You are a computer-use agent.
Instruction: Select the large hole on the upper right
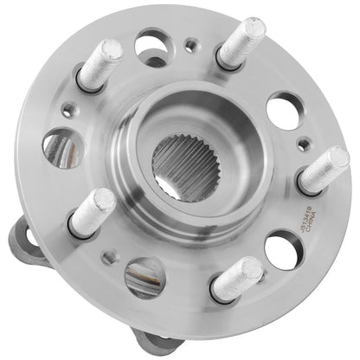click(x=283, y=111)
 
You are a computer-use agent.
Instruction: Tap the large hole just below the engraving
click(x=283, y=250)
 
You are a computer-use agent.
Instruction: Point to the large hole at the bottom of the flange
click(x=145, y=277)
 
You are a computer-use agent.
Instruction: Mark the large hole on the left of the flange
click(x=62, y=149)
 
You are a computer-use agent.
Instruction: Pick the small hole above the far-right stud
click(x=301, y=144)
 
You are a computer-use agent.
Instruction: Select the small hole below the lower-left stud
click(x=109, y=257)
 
